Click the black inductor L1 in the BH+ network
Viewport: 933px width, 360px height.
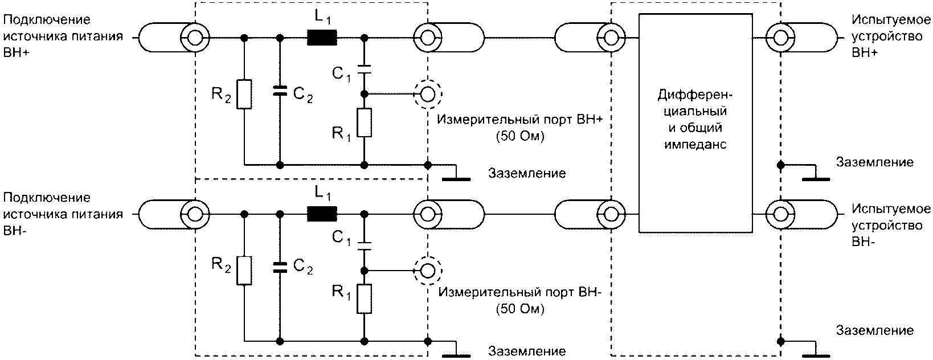(322, 38)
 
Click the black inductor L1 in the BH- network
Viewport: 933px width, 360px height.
(322, 214)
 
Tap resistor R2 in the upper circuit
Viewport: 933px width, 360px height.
(244, 94)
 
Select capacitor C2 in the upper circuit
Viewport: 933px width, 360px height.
(280, 91)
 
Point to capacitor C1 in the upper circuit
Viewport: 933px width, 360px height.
(364, 69)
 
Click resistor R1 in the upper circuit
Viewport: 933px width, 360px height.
(364, 122)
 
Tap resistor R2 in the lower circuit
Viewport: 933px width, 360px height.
(244, 271)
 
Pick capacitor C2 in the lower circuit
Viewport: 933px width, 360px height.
(280, 267)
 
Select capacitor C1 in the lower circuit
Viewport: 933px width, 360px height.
(364, 246)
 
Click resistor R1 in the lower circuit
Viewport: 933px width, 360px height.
(364, 298)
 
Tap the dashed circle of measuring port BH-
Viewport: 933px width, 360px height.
(427, 256)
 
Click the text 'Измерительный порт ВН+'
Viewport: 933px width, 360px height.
(520, 120)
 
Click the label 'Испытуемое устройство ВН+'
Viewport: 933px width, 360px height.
(890, 36)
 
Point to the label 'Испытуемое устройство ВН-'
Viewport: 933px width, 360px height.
(890, 226)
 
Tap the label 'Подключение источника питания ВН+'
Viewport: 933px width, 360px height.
(63, 36)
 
